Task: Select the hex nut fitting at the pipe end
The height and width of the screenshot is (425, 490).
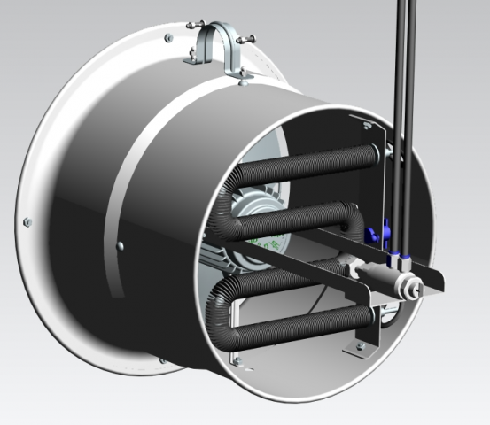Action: [x=410, y=285]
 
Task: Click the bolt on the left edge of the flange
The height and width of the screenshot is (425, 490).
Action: [x=27, y=220]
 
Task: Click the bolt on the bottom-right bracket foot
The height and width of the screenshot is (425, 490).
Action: [x=359, y=345]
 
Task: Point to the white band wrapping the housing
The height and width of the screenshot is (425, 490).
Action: [x=133, y=177]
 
